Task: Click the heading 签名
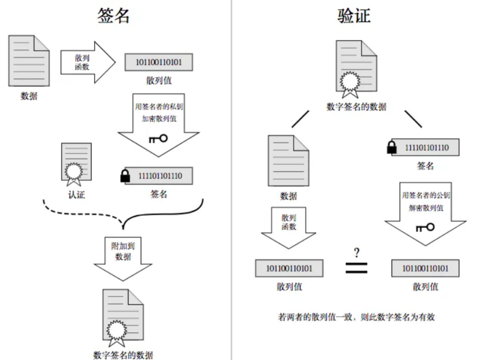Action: coord(113,15)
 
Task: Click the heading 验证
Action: coord(354,15)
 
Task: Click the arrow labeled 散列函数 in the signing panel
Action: coord(87,63)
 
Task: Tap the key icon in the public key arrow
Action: coord(424,227)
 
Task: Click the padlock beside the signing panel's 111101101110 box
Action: coord(124,176)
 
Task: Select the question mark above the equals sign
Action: coord(356,253)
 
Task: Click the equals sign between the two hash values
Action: coord(357,268)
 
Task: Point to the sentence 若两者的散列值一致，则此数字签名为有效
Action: coord(356,317)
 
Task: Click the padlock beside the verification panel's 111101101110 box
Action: coord(392,147)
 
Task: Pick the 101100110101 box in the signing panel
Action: coord(158,62)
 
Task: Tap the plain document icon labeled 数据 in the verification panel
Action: coord(288,162)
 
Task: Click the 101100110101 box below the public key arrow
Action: coord(425,268)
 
